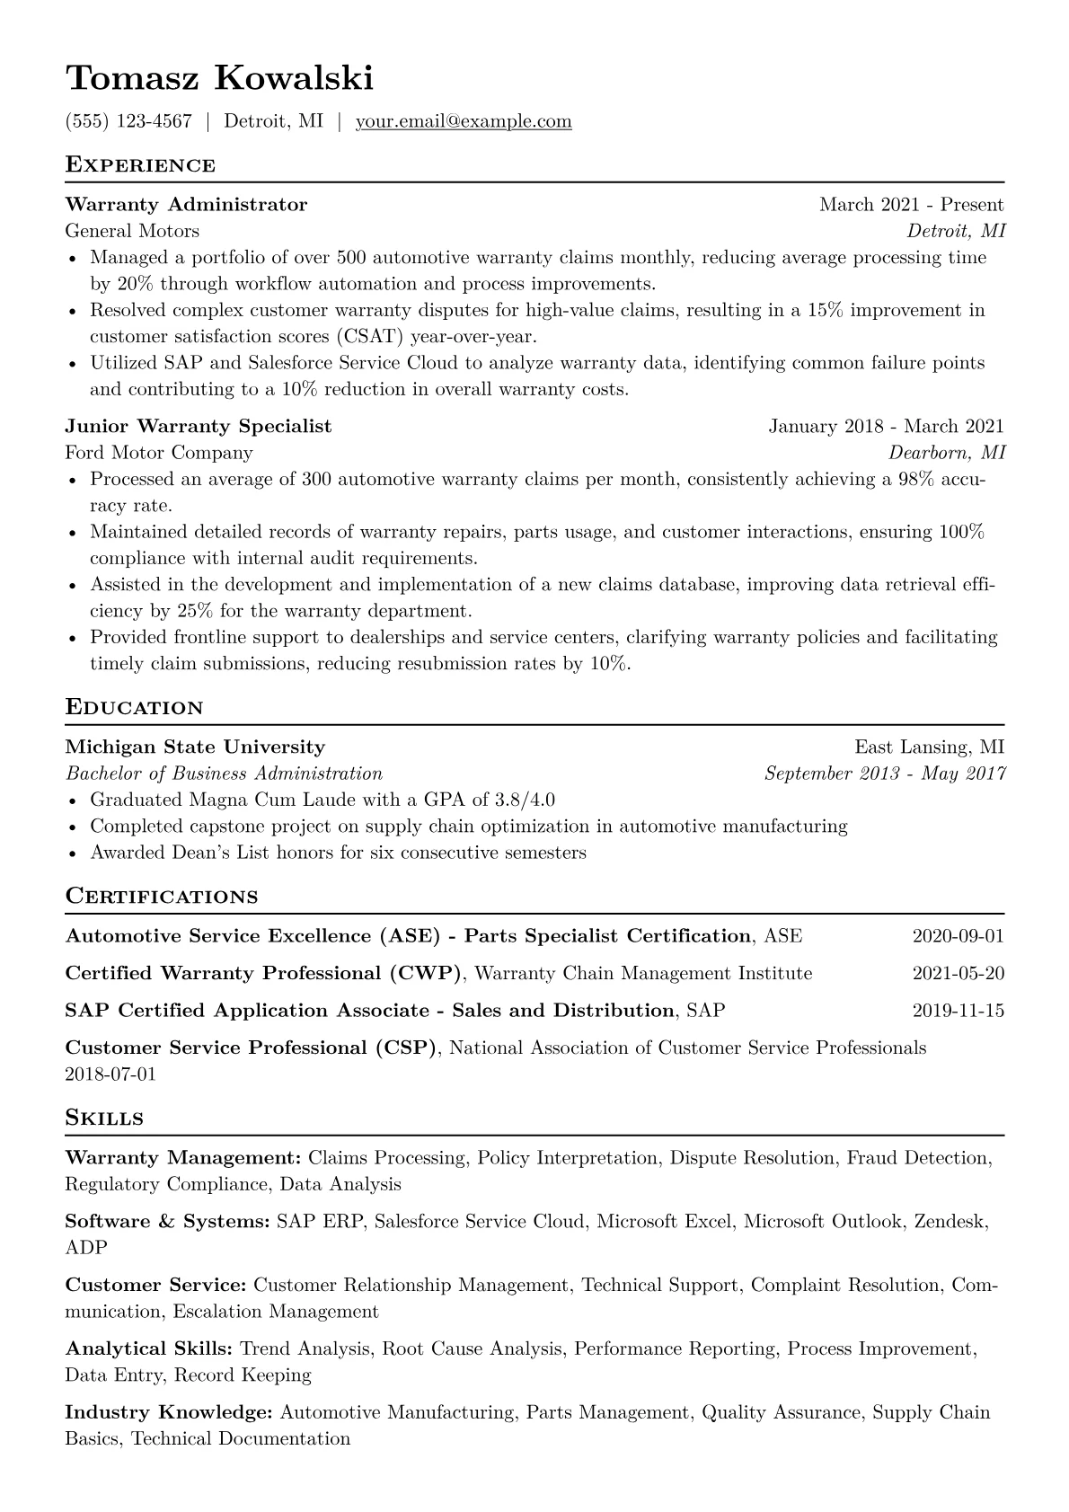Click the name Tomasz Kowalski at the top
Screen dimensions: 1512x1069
click(x=219, y=78)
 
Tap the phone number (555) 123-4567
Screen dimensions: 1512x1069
click(x=128, y=121)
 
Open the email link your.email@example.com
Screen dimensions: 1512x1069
click(x=464, y=121)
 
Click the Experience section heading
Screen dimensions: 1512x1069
click(x=140, y=165)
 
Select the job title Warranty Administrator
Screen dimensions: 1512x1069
click(x=186, y=205)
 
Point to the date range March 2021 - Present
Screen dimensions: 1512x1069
click(x=911, y=205)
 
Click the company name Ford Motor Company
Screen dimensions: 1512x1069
click(x=159, y=453)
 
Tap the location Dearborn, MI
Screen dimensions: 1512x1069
click(x=947, y=453)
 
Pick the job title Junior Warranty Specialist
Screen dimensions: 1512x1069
click(x=199, y=427)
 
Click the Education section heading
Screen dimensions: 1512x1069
click(x=135, y=708)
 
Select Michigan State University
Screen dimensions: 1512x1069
click(x=195, y=747)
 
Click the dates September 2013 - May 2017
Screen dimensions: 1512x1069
click(x=885, y=774)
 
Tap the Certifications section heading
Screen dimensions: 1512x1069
click(x=162, y=897)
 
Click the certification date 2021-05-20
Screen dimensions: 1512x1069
click(x=958, y=974)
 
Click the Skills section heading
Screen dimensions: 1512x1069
click(x=104, y=1119)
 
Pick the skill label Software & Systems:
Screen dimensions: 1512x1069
click(x=167, y=1222)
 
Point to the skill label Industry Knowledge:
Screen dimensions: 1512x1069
click(x=169, y=1413)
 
